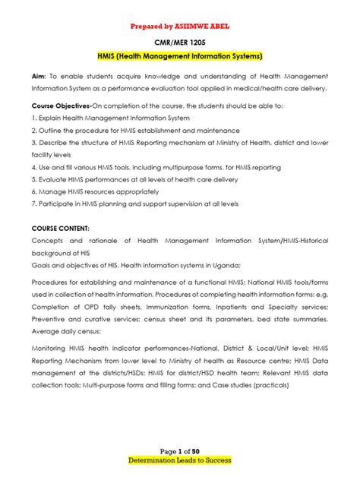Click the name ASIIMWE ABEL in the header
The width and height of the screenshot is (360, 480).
point(201,26)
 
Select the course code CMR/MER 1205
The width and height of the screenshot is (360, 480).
point(180,43)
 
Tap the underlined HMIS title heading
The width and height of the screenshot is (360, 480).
point(180,57)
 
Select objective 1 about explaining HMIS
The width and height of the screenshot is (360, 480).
point(111,118)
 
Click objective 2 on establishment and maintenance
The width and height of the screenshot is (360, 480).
point(135,130)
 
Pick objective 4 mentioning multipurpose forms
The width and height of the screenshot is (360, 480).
point(156,167)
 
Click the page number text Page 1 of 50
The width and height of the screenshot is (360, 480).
point(179,450)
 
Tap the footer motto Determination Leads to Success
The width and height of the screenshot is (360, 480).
point(180,460)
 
